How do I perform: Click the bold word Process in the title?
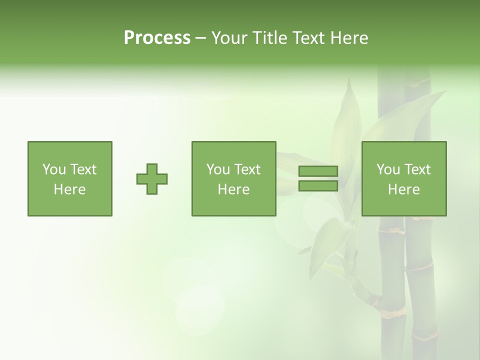point(157,38)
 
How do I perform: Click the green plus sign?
point(152,179)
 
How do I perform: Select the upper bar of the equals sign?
point(318,171)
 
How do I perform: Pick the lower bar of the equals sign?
point(318,186)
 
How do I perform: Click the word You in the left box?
point(53,169)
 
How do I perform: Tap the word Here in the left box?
point(69,189)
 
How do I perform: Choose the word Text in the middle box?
point(247,169)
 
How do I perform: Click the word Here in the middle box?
point(233,189)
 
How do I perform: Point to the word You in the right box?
point(387,169)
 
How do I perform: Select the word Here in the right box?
point(403,189)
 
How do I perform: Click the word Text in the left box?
point(83,169)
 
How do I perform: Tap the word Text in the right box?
point(417,169)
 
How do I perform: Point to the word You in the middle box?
point(217,169)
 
